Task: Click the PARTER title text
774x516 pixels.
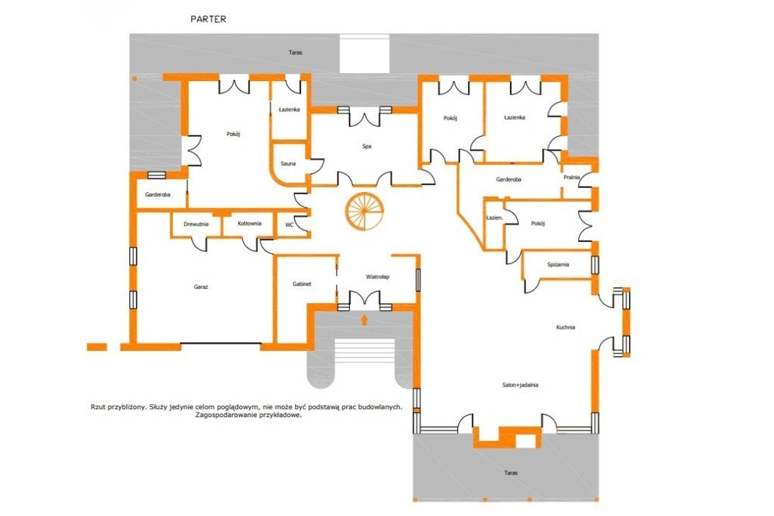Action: pyautogui.click(x=209, y=19)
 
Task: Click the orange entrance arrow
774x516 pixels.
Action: pyautogui.click(x=364, y=320)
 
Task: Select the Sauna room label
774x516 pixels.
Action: pyautogui.click(x=288, y=163)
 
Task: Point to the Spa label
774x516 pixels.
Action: pyautogui.click(x=367, y=146)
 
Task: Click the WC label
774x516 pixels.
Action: pyautogui.click(x=289, y=225)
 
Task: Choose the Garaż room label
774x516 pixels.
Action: pyautogui.click(x=201, y=287)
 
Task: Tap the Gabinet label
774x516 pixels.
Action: pyautogui.click(x=302, y=284)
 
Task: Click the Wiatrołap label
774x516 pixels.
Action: pyautogui.click(x=378, y=277)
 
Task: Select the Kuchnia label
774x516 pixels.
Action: pyautogui.click(x=565, y=327)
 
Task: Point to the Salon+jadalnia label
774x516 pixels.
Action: pyautogui.click(x=520, y=385)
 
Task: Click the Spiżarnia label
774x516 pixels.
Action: pyautogui.click(x=559, y=264)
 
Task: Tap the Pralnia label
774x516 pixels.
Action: pyautogui.click(x=571, y=178)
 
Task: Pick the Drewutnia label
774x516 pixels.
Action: pyautogui.click(x=196, y=224)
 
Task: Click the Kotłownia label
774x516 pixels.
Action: pyautogui.click(x=249, y=223)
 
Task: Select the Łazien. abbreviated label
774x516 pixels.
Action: pyautogui.click(x=494, y=217)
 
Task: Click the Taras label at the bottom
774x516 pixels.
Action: pyautogui.click(x=511, y=473)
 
